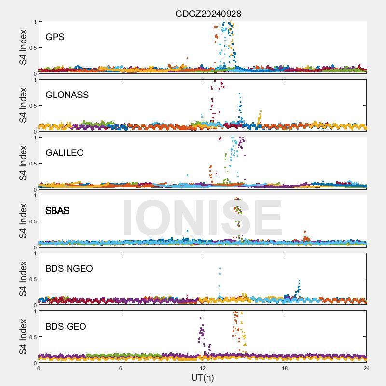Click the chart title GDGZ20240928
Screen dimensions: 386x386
pos(208,14)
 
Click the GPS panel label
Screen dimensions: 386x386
pos(55,37)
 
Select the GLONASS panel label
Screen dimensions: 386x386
pos(67,95)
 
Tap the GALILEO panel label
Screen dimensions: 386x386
pos(65,153)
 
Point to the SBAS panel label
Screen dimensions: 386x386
pos(57,211)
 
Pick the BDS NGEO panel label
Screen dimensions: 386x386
pos(69,269)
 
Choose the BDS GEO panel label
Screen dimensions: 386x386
pos(66,327)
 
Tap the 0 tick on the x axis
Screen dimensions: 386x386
pos(39,368)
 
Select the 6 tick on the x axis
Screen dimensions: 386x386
pos(121,368)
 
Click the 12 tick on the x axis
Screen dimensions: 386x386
pos(203,368)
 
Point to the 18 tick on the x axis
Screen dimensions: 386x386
pos(285,368)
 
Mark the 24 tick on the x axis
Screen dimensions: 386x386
pos(367,368)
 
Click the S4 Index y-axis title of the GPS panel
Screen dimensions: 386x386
pos(23,47)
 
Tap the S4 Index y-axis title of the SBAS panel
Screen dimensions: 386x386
pos(23,221)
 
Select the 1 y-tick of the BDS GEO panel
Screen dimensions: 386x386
pos(35,311)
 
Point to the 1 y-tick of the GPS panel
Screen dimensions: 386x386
pos(35,22)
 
